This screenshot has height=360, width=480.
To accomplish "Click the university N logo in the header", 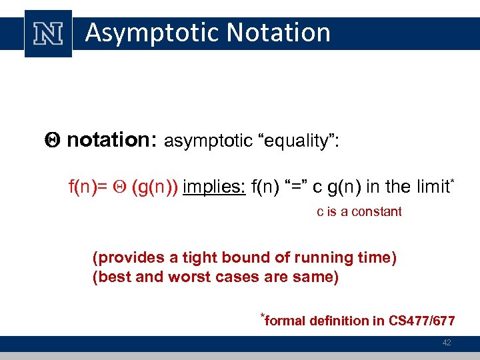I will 48,33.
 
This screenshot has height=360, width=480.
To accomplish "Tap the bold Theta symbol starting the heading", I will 55,140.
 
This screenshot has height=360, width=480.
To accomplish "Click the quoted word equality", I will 297,141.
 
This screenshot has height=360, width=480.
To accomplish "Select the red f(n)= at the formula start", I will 88,187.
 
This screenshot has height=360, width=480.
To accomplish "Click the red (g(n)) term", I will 155,187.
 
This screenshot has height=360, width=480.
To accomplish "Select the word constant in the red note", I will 379,212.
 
